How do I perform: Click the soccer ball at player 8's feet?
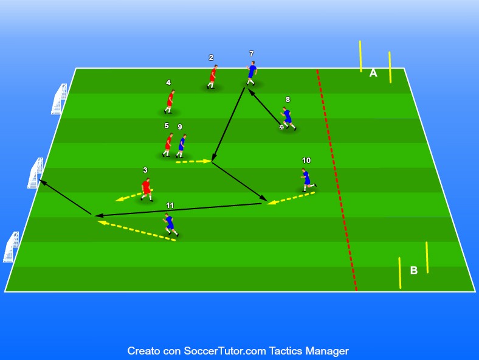tap(281, 127)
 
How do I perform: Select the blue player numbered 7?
tap(252, 73)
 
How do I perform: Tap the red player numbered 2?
tap(212, 77)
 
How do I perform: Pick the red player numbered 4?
tap(170, 102)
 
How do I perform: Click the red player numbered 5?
tap(168, 145)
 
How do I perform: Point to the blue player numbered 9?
tap(182, 146)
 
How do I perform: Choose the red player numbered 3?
tap(146, 190)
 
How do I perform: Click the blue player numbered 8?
tap(288, 119)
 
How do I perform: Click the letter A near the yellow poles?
tap(373, 73)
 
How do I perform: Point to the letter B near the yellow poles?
tap(413, 271)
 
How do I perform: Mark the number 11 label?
tap(170, 206)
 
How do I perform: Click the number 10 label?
tap(306, 161)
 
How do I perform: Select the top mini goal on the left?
tap(59, 99)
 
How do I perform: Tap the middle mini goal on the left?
tap(36, 173)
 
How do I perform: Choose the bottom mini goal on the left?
tap(12, 247)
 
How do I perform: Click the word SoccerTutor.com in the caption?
tap(224, 351)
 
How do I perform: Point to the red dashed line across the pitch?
tap(336, 179)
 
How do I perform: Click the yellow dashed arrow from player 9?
tap(194, 161)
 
